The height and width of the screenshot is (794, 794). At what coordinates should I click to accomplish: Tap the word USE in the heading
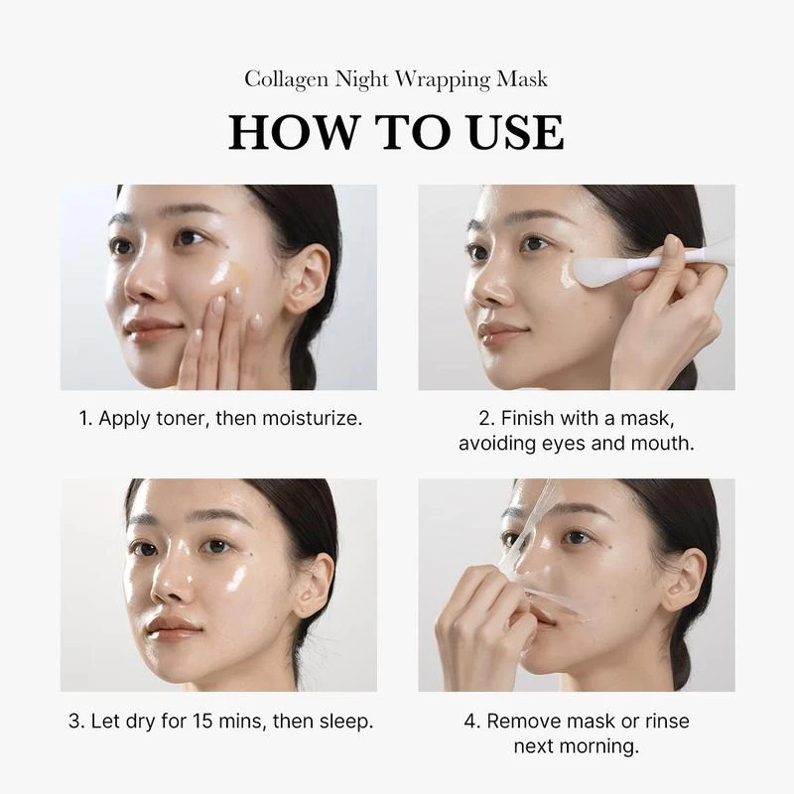click(x=512, y=133)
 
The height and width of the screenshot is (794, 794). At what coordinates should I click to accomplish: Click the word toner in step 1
click(x=183, y=418)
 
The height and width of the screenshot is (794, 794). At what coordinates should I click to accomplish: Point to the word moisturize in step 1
click(x=308, y=418)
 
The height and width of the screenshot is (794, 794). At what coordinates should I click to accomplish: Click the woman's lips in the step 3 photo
click(x=175, y=627)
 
